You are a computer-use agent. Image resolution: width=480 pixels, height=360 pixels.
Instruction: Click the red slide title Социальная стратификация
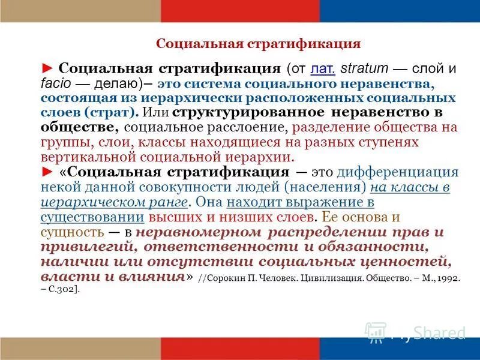(258, 44)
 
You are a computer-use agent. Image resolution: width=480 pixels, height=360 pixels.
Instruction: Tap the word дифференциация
(397, 172)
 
